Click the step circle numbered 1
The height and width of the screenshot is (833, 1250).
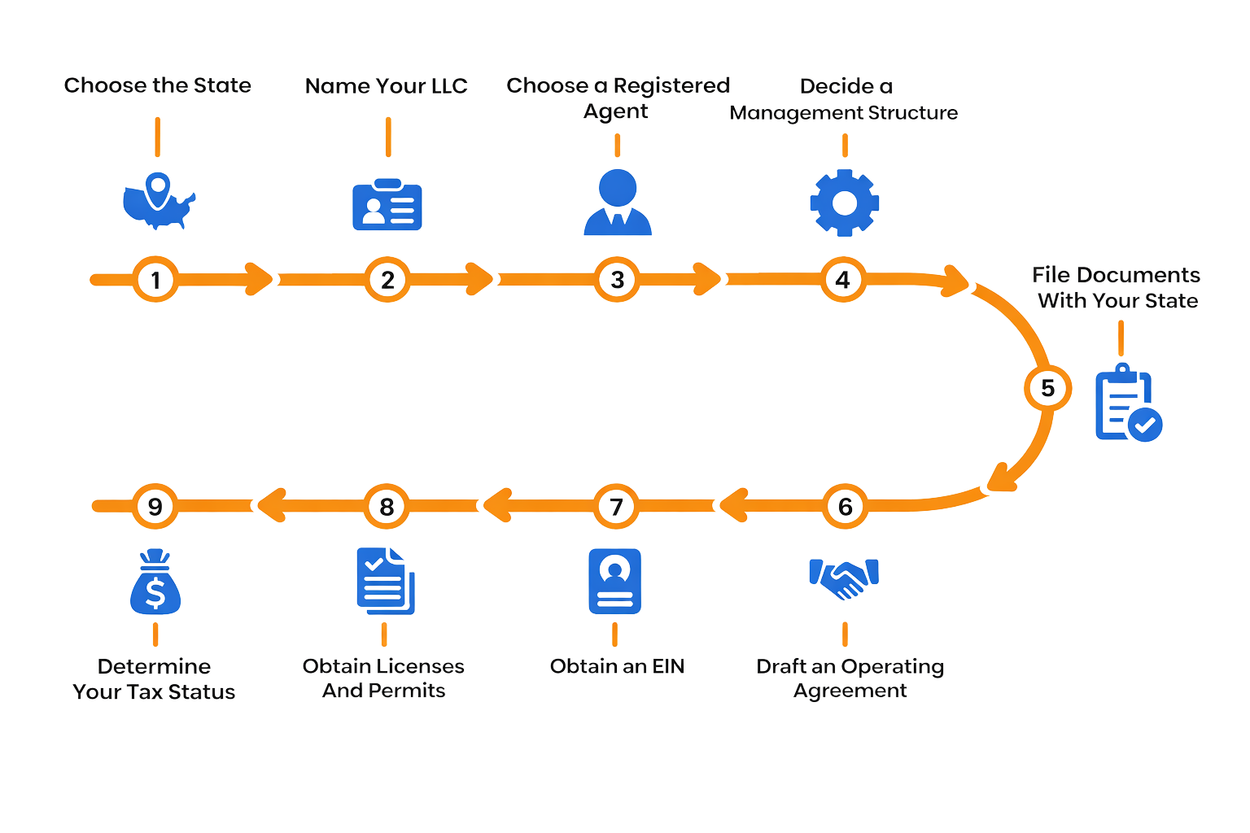coord(155,280)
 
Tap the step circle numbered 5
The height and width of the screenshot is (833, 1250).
coord(1047,389)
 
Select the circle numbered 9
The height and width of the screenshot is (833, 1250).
coord(155,507)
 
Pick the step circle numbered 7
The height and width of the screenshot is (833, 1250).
coord(616,507)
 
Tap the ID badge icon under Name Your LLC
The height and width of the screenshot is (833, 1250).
coord(387,205)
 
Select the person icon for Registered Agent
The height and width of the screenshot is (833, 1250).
coord(618,203)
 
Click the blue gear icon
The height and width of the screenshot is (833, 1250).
coord(845,203)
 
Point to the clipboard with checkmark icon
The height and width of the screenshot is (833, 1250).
coord(1127,403)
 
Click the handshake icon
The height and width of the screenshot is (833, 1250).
coord(845,578)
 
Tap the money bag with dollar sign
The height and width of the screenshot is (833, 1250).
coord(155,583)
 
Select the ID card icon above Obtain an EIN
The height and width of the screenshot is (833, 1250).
coord(614,581)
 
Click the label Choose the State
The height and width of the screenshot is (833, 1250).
coord(157,85)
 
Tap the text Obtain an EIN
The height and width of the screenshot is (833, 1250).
coord(617,667)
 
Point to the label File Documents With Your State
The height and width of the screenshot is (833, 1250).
coord(1117,288)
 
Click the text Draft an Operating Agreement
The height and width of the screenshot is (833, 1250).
coord(850,679)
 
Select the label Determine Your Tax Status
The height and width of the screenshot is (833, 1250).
coord(154,679)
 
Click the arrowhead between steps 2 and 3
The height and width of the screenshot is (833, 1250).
coord(480,279)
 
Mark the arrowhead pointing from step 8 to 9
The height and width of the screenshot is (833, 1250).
coord(269,506)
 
